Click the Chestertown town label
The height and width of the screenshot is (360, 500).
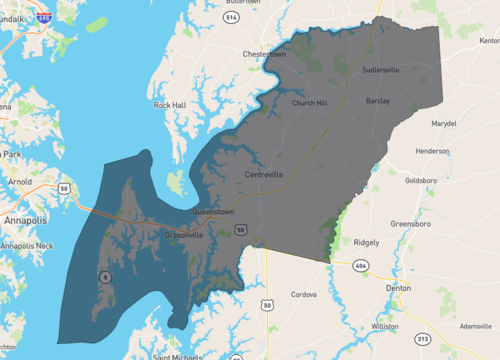click(x=264, y=54)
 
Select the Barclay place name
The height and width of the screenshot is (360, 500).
click(x=378, y=101)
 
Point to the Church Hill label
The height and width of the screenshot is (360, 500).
click(x=309, y=102)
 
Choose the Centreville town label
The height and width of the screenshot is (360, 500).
click(x=264, y=174)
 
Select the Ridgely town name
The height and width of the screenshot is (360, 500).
click(x=367, y=242)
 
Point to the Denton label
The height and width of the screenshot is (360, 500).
click(x=399, y=287)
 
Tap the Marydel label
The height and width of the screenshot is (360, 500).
click(x=443, y=123)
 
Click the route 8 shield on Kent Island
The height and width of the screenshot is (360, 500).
click(x=103, y=276)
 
